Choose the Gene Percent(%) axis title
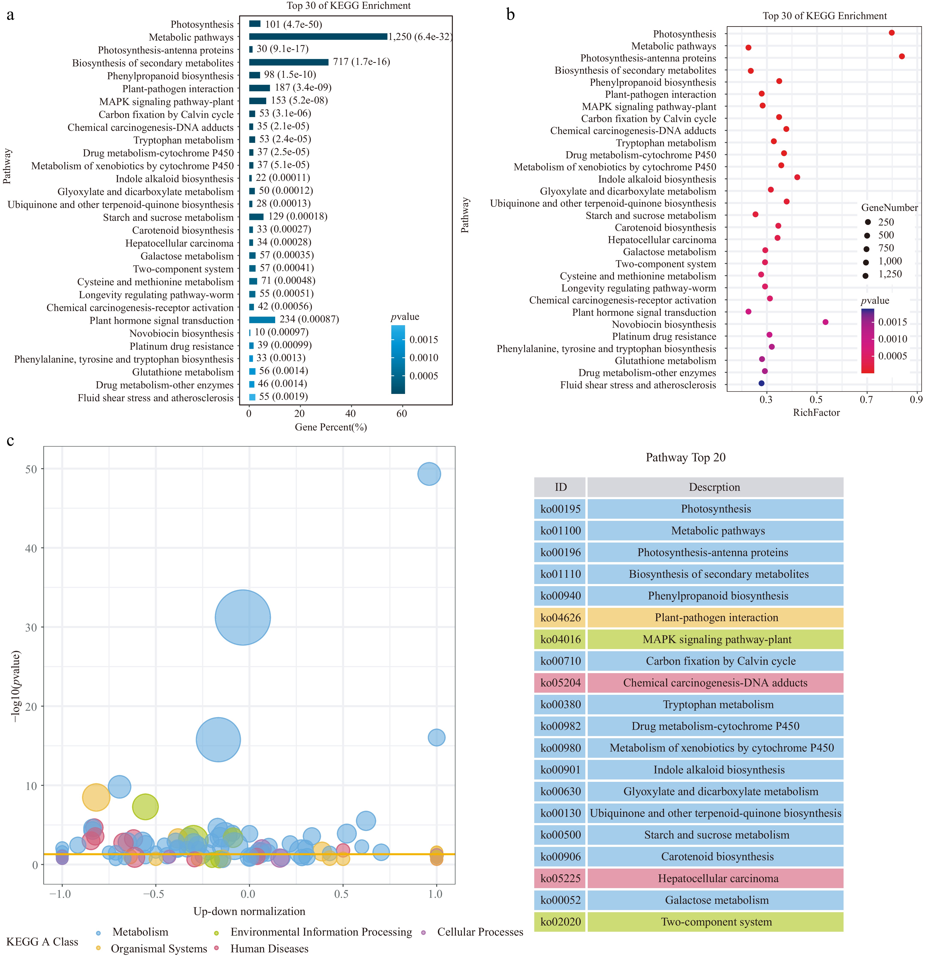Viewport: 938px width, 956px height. click(331, 427)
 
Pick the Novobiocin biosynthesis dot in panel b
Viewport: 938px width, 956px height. click(825, 322)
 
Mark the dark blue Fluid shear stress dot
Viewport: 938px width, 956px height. click(761, 383)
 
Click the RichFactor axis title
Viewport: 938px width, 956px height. click(816, 413)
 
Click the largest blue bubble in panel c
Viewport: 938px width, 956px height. click(242, 617)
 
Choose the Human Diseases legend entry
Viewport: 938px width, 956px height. click(269, 949)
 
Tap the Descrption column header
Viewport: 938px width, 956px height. click(714, 487)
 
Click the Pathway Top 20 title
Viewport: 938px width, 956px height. click(685, 457)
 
